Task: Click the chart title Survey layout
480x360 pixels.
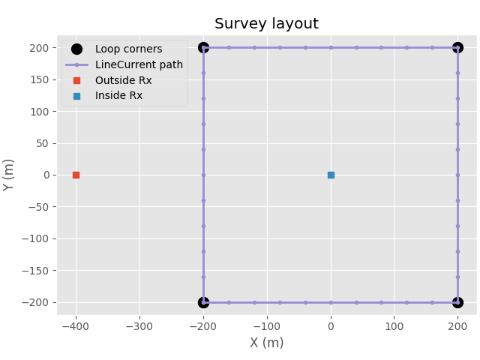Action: [266, 24]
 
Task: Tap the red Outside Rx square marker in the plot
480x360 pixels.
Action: [76, 175]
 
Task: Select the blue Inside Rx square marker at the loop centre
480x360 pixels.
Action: [331, 175]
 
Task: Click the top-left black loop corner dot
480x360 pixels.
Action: [203, 48]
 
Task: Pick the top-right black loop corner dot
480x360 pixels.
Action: [457, 48]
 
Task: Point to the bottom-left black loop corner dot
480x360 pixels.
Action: [203, 302]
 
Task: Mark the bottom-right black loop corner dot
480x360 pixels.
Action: [457, 302]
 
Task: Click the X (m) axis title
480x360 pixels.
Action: [266, 343]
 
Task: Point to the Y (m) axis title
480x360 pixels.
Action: [10, 175]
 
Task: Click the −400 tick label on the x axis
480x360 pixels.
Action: [76, 325]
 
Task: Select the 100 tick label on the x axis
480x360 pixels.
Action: [394, 325]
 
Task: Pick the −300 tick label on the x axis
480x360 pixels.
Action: [139, 325]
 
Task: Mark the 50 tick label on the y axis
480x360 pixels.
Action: [43, 143]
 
